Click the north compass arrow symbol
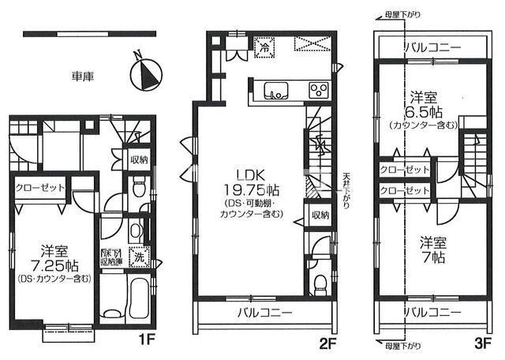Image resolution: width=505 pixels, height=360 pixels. pos(144,72)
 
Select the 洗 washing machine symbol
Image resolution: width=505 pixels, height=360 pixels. pos(138,257)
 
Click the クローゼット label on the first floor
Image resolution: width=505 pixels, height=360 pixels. pos(40,187)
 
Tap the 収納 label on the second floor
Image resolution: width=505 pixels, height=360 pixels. pos(319,214)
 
